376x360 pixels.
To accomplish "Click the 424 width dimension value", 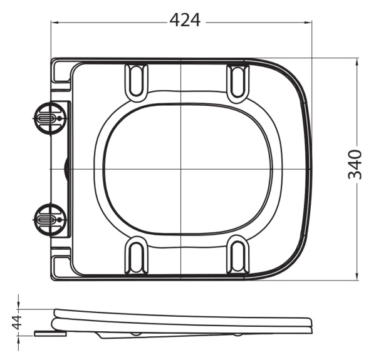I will pyautogui.click(x=185, y=21).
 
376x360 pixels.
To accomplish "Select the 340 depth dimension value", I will pyautogui.click(x=355, y=165).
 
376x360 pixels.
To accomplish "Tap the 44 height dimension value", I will pyautogui.click(x=18, y=322).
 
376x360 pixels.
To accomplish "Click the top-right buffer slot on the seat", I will pyautogui.click(x=238, y=80).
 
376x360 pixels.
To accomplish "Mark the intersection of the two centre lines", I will pyautogui.click(x=180, y=169).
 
